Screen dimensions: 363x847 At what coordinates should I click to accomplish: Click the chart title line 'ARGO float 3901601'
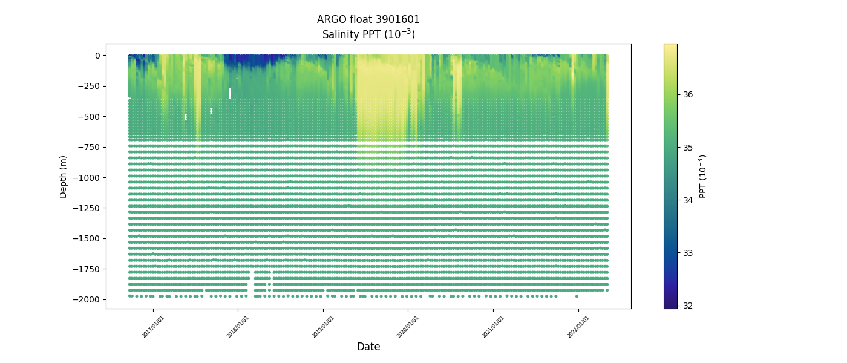point(368,19)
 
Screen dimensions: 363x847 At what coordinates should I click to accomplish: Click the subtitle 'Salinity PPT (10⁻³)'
point(368,34)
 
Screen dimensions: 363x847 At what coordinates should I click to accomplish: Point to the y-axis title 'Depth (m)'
point(64,176)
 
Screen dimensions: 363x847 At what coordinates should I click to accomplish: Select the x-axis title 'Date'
point(368,347)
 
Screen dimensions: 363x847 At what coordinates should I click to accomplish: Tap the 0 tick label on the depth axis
point(97,56)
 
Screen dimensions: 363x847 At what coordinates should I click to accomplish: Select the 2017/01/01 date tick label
point(153,326)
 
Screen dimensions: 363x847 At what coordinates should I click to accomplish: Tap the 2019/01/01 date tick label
point(323,326)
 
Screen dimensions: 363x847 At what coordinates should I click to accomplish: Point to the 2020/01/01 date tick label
point(408,326)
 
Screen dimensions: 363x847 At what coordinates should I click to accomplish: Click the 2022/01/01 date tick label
point(578,326)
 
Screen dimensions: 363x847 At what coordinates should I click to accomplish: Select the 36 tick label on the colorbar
point(688,94)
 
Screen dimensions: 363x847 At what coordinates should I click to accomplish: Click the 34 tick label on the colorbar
point(688,200)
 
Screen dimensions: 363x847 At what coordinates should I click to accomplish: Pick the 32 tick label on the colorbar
point(688,306)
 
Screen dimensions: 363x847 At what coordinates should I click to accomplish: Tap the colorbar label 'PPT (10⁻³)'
point(702,176)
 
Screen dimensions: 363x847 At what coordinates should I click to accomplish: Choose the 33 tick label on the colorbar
point(688,253)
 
